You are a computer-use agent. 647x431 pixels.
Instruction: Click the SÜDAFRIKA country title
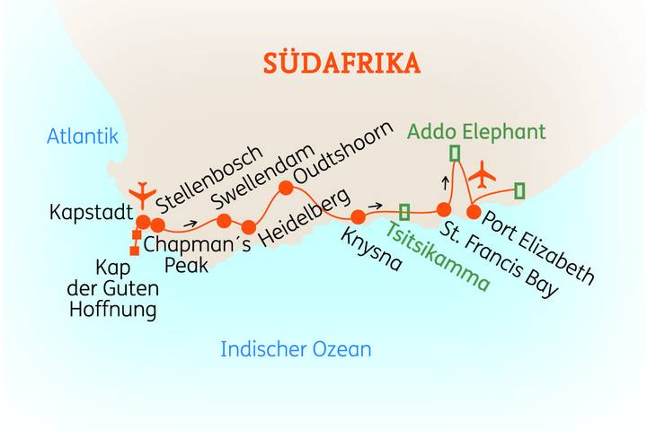(341, 64)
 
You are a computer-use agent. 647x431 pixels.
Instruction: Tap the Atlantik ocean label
(83, 136)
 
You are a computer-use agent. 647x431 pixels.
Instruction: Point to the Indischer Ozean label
(296, 349)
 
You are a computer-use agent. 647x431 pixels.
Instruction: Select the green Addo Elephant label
(475, 132)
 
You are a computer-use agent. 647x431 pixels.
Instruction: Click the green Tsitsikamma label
(439, 257)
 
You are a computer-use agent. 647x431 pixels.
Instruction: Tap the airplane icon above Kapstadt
(142, 192)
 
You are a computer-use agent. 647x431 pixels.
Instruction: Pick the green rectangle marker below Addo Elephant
(455, 153)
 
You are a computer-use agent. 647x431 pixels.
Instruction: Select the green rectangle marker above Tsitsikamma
(404, 212)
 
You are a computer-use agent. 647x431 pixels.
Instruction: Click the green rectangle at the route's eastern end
(519, 189)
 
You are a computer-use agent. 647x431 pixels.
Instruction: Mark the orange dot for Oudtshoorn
(286, 188)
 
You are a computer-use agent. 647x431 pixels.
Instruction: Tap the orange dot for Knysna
(358, 215)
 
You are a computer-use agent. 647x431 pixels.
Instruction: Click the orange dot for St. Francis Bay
(443, 209)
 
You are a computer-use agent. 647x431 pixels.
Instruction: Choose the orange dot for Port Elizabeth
(474, 212)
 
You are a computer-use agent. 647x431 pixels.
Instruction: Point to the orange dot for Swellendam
(225, 221)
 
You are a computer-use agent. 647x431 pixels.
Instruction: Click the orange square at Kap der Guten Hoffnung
(135, 251)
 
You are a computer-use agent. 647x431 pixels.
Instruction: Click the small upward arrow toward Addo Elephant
(444, 182)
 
